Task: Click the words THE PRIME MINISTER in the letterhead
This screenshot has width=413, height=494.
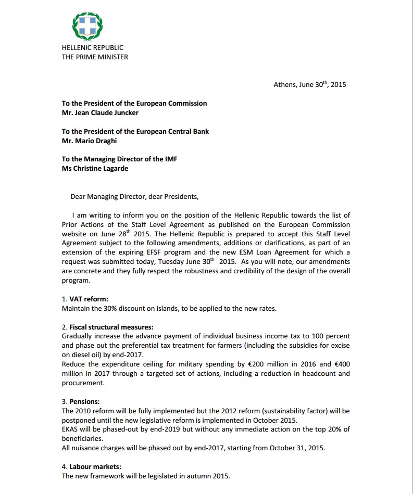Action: [x=95, y=57]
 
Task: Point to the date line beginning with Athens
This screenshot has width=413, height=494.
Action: [x=309, y=84]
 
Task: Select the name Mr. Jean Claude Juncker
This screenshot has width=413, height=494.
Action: [x=100, y=112]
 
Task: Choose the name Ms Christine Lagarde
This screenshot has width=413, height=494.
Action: [x=95, y=168]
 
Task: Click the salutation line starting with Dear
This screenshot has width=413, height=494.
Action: [x=134, y=196]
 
